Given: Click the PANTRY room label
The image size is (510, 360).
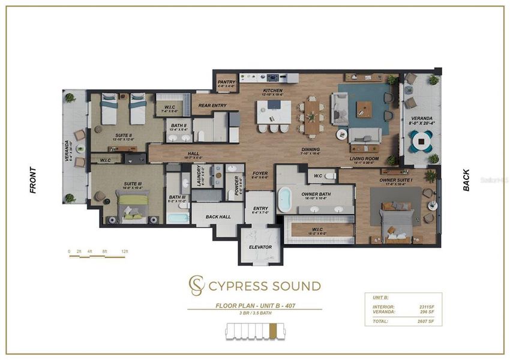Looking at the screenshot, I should pos(226,82).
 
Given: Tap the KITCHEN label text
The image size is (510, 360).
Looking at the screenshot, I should pos(272,91).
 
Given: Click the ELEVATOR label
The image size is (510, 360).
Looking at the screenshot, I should pos(260,247).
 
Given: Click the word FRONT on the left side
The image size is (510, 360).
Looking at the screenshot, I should pos(33,179).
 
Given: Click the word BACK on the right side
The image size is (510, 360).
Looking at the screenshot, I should pos(466,179).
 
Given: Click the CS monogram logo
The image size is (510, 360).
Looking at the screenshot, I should pos(196,286).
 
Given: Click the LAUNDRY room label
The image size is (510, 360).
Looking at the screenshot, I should pos(199,176).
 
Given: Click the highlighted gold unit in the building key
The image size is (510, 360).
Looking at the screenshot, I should pos(274,330).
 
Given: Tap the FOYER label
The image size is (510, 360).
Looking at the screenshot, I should pos(260,175).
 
